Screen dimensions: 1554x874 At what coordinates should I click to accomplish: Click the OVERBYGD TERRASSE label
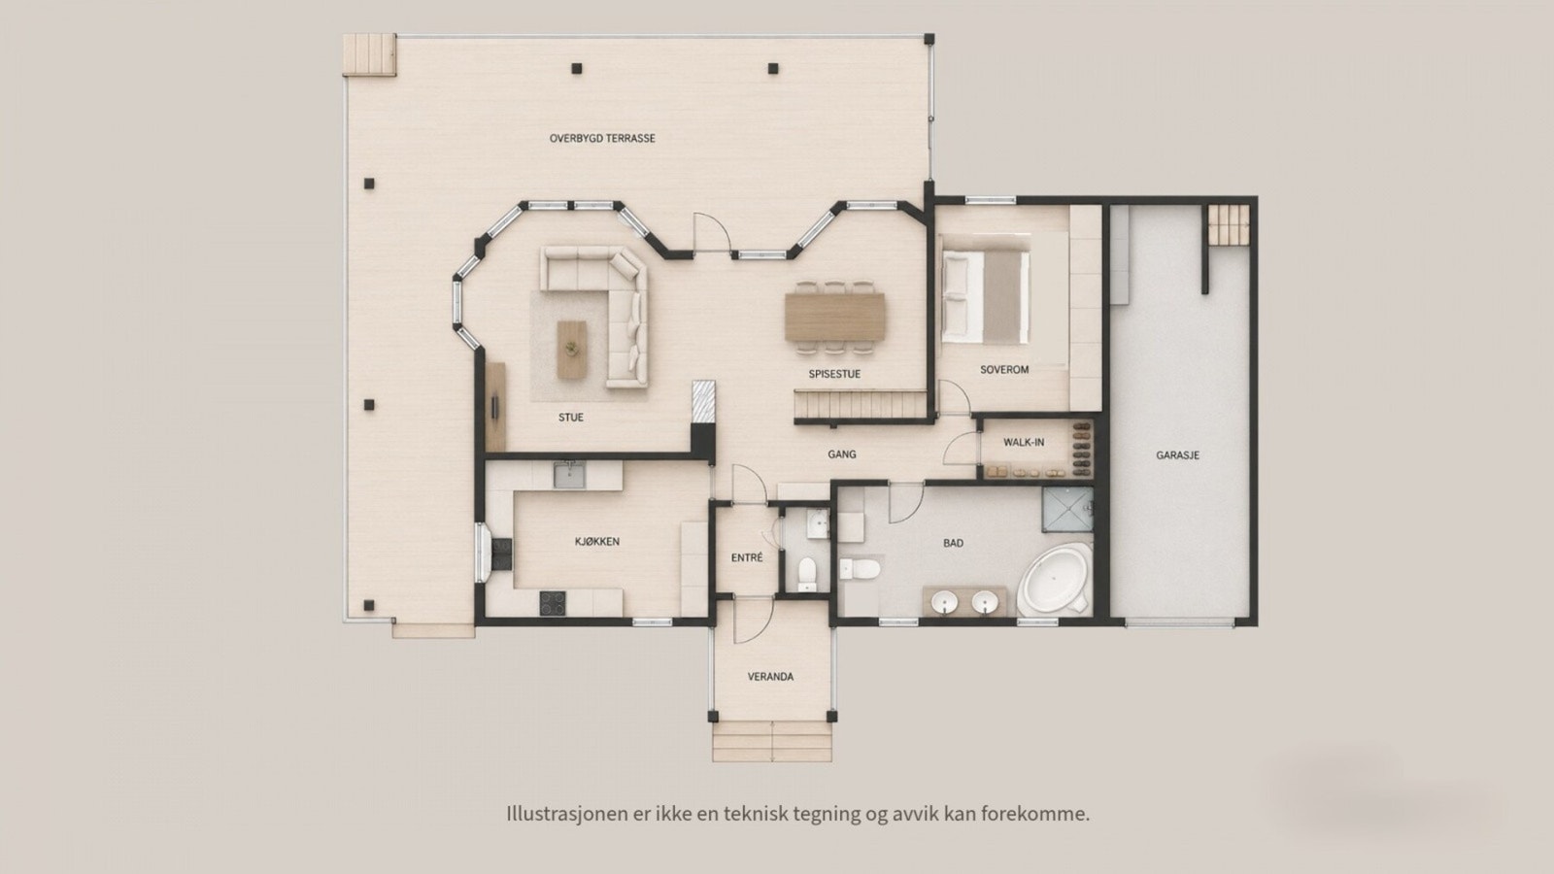click(602, 139)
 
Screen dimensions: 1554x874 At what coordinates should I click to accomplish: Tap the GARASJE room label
click(1177, 455)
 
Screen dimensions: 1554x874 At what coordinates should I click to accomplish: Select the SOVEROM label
click(1004, 370)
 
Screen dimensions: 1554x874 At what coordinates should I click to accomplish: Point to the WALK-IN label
click(1024, 443)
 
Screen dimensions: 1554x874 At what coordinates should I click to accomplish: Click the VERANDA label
click(770, 676)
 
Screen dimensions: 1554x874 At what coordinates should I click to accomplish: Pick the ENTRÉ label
click(747, 557)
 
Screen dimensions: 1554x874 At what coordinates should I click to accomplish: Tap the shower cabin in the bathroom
click(1067, 509)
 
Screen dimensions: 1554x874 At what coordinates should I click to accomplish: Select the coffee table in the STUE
click(572, 350)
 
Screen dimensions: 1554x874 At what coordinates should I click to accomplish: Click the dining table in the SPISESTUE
click(834, 317)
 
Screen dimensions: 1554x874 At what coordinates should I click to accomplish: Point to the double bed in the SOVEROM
click(985, 297)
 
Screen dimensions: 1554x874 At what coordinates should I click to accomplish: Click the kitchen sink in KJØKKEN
click(569, 476)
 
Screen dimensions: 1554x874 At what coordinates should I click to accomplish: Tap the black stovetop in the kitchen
click(553, 603)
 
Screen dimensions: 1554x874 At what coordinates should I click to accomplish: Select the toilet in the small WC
click(806, 574)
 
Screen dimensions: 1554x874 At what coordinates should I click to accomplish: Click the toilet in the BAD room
click(861, 569)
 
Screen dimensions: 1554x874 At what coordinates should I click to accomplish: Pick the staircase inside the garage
click(1229, 224)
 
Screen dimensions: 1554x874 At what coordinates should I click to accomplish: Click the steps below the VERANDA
click(772, 742)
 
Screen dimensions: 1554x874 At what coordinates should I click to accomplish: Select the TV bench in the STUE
click(495, 407)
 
